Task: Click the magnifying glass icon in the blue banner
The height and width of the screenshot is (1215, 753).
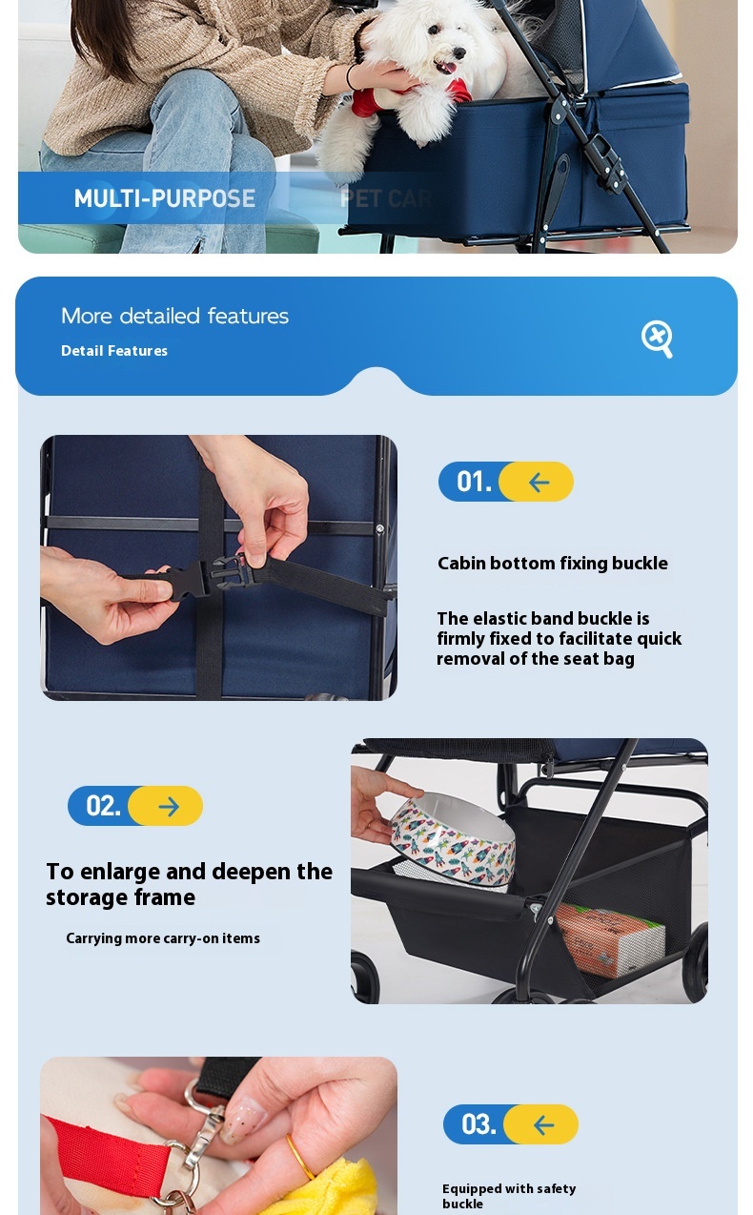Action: click(657, 339)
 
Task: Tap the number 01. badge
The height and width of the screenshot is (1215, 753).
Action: click(474, 482)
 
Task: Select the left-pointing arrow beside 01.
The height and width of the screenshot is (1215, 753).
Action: click(539, 482)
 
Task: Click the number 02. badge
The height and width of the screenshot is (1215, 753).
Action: click(103, 806)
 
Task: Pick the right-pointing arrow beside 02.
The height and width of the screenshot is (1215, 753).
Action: click(168, 806)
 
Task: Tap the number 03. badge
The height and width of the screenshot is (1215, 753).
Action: click(478, 1124)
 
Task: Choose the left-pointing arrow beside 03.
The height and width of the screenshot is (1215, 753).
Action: click(543, 1124)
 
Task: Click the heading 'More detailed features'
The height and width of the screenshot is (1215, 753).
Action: click(174, 316)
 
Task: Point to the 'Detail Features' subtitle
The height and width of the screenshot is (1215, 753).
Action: click(114, 351)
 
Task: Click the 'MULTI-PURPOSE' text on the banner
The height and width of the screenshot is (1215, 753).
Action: click(165, 198)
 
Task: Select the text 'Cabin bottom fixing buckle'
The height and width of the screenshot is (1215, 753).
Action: click(553, 564)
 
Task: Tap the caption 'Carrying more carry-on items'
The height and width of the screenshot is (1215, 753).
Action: click(163, 938)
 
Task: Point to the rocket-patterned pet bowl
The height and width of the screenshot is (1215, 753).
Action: click(453, 834)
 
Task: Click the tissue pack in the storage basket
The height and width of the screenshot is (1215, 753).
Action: click(611, 939)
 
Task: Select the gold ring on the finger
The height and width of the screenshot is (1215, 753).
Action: click(299, 1156)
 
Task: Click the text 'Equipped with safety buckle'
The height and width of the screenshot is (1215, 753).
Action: click(509, 1196)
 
